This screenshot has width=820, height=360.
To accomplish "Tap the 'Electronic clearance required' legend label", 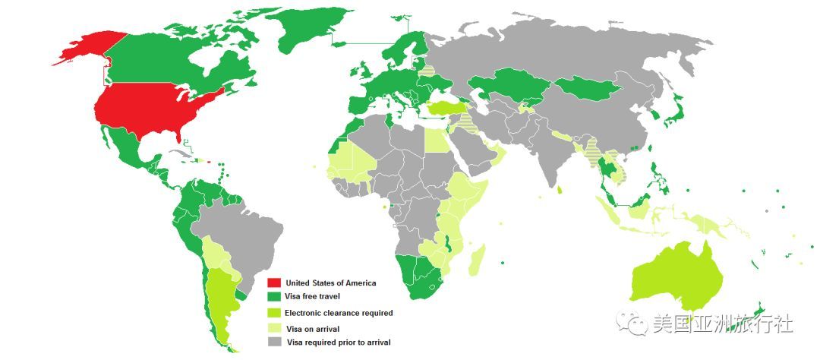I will [x=339, y=312].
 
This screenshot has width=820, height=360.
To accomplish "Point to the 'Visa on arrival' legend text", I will [x=312, y=327].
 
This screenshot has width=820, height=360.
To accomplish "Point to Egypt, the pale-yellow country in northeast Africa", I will [x=436, y=141].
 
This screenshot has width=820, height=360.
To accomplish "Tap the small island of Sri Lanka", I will [x=560, y=189].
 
